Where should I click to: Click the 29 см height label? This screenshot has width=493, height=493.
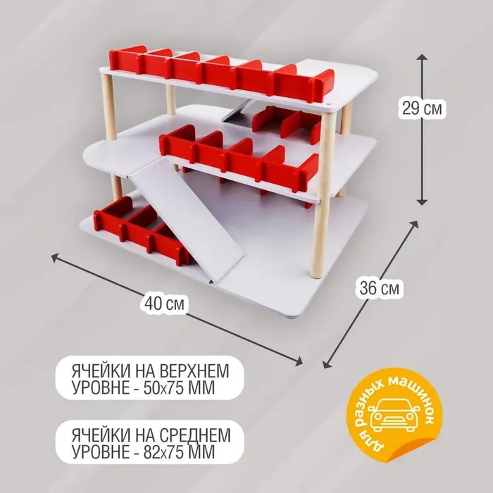[422, 108]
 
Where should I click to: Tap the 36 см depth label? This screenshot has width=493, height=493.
[380, 287]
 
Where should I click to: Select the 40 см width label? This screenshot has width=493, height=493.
[164, 304]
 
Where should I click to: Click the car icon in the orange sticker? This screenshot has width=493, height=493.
[394, 415]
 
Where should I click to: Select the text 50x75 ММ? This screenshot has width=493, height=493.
[179, 388]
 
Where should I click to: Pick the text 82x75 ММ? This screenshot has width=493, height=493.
[179, 452]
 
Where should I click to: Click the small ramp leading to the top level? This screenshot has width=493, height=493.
[237, 111]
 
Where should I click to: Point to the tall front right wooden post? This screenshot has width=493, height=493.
[323, 195]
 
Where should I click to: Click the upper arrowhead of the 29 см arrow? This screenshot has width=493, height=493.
[422, 56]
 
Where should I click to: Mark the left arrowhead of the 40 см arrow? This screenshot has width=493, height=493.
[55, 256]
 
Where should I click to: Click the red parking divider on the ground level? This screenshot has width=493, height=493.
[142, 230]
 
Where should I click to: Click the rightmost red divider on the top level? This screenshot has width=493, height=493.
[322, 85]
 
